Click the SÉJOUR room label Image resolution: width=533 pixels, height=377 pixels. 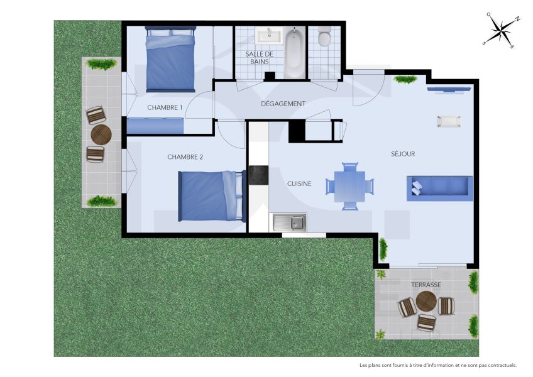(x=403, y=154)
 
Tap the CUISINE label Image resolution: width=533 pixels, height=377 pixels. (x=299, y=183)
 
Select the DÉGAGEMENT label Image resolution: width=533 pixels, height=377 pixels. (x=283, y=104)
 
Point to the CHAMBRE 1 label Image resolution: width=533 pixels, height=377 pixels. (x=165, y=107)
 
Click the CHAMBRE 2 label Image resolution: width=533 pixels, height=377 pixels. (x=185, y=156)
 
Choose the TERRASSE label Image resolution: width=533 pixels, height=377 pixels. (x=426, y=285)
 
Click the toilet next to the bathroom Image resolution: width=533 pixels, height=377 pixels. (x=324, y=38)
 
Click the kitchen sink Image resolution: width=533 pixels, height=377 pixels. (x=290, y=222)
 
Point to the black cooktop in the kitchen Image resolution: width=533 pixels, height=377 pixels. (x=258, y=175)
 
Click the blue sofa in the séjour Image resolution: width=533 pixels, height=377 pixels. (x=439, y=188)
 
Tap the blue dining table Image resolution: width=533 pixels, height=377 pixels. (x=350, y=187)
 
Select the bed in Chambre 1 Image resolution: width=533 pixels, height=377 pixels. (x=170, y=59)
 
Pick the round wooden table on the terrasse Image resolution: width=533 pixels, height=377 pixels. (x=426, y=302)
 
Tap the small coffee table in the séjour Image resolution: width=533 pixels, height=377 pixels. (x=449, y=121)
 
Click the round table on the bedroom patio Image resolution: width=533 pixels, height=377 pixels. (x=101, y=134)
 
